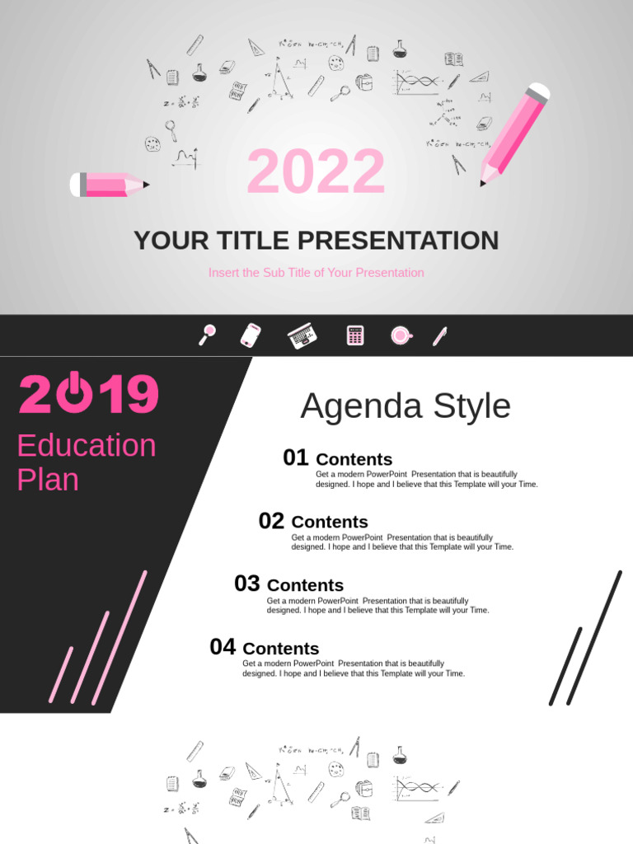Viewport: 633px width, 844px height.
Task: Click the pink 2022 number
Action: coord(316,172)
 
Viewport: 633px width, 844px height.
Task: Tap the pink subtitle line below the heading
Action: coord(316,273)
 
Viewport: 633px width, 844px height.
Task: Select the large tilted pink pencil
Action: coord(515,131)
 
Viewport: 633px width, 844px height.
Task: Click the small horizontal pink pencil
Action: coord(108,185)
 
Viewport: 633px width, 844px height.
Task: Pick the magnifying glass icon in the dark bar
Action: coord(207,335)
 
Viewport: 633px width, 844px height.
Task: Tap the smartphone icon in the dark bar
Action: coord(251,335)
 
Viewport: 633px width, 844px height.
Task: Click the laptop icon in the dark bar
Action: coord(302,335)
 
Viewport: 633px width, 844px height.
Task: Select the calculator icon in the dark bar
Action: coord(355,335)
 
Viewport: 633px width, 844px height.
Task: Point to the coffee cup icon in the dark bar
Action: coord(401,335)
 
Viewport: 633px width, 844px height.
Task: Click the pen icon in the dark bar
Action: coord(439,335)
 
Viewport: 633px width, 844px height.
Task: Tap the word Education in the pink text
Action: coord(87,446)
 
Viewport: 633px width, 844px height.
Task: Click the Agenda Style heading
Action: coord(405,406)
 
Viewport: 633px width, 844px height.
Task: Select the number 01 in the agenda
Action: coord(295,458)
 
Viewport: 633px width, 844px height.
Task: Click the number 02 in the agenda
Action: coord(271,521)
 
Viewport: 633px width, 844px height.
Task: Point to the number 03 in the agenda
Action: coord(246,584)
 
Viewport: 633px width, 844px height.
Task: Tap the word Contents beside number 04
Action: coord(280,649)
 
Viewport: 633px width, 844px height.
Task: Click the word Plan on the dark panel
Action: coord(48,480)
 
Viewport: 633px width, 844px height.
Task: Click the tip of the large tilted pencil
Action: coord(484,183)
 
